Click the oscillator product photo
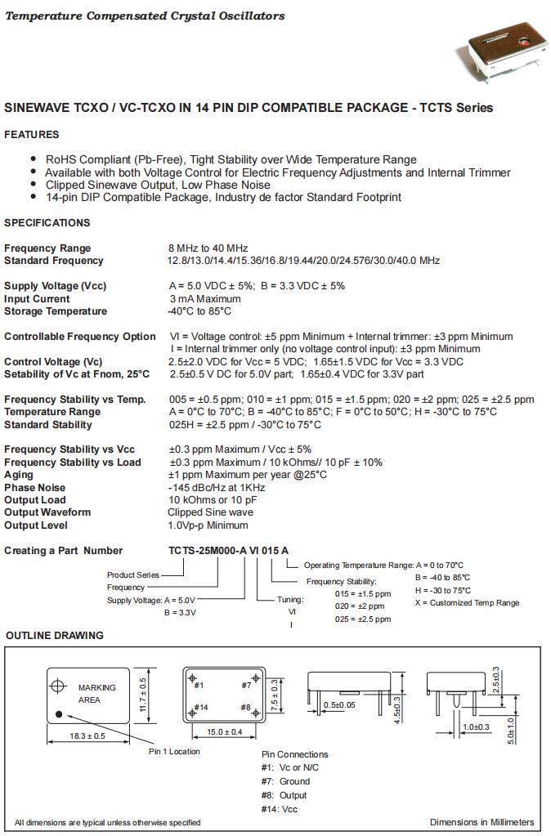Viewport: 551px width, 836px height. point(501,48)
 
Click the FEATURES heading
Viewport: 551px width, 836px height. point(32,134)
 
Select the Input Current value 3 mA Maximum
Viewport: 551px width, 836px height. point(204,299)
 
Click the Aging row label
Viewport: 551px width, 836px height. point(19,475)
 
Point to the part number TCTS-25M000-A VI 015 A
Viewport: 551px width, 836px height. point(229,551)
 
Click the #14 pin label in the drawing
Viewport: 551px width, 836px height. point(203,707)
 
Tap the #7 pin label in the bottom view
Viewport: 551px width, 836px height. point(246,685)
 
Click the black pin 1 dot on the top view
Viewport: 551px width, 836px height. point(59,713)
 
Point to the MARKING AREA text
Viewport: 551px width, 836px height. point(96,694)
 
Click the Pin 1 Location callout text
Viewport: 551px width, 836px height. point(173,751)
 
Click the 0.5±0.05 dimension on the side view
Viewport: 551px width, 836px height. point(339,704)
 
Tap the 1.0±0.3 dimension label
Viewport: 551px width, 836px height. point(476,726)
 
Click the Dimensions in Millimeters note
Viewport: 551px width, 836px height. point(482,822)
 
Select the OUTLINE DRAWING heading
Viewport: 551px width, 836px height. point(55,635)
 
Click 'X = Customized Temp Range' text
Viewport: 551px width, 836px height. point(467,603)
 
